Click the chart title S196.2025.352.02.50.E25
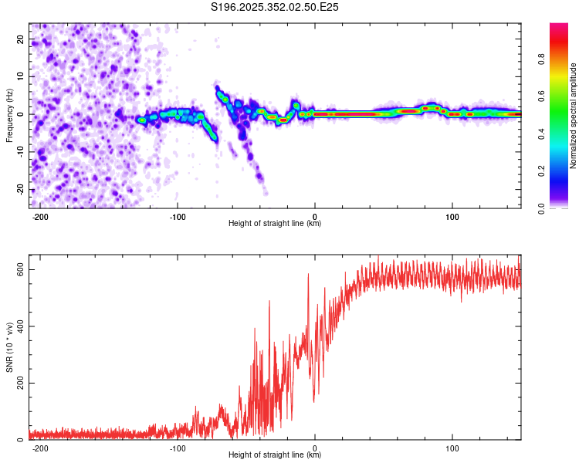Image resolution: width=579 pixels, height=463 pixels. coord(275,7)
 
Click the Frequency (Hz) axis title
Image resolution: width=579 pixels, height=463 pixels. coord(8,115)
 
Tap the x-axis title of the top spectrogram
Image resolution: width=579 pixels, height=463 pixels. coord(275,224)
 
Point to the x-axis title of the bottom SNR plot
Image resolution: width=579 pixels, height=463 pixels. coord(275,455)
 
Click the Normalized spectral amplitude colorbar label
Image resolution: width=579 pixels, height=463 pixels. coord(574,116)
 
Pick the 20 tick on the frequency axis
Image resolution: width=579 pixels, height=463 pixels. coord(20,39)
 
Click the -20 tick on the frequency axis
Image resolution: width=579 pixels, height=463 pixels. coord(19,189)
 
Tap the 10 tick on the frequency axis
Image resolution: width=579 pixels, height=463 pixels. coord(20,76)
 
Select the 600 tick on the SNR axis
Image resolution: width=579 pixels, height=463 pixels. coord(16,269)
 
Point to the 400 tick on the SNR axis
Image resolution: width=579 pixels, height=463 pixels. coord(16,326)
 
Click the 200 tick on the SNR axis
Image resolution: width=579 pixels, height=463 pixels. coord(16,383)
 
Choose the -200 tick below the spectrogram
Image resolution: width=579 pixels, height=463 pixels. coord(40,215)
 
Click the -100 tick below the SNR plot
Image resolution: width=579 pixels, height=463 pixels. coord(178,448)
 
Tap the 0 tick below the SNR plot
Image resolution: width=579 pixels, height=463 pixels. coord(315,448)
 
